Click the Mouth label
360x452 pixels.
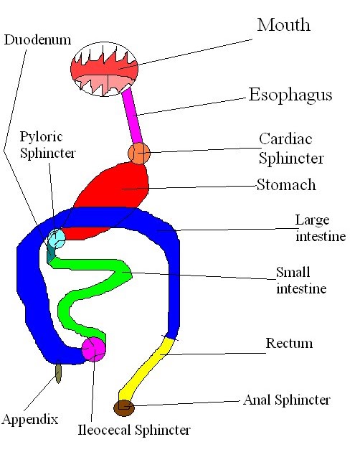coord(283,24)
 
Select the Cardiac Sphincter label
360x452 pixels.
coord(291,147)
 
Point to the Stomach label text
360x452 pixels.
coord(286,185)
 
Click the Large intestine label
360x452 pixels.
coord(321,227)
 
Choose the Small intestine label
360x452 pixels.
coord(301,281)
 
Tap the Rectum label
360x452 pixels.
coord(289,343)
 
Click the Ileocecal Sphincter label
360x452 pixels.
coord(134,430)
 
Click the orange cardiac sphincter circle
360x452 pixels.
coord(139,152)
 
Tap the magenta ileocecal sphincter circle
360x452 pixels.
coord(93,349)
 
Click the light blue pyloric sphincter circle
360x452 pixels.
coord(56,237)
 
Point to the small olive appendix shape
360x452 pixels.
coord(58,372)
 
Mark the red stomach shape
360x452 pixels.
coord(118,194)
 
